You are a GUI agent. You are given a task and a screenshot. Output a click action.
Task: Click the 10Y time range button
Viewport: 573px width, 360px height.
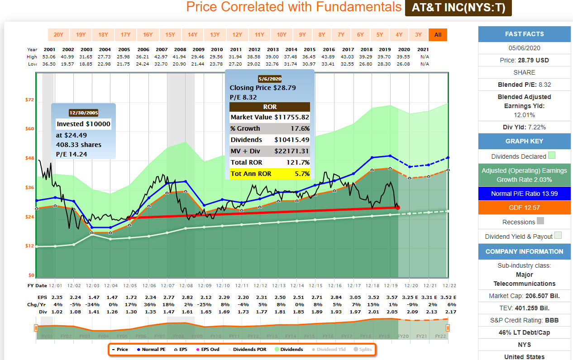point(281,35)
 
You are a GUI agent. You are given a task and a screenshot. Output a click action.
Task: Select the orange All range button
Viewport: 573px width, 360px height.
point(438,35)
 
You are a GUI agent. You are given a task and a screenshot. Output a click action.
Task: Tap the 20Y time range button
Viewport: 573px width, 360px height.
point(58,35)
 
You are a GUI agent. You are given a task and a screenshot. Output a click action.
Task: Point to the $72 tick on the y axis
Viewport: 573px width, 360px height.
point(29,99)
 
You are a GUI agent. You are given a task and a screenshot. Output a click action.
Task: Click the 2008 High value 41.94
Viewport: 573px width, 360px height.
point(180,57)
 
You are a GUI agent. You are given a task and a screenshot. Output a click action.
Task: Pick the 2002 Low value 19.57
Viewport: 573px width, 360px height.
point(68,64)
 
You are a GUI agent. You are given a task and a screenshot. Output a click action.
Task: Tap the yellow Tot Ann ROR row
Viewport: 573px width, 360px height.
point(270,173)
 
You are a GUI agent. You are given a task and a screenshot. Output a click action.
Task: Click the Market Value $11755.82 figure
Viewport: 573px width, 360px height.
point(291,117)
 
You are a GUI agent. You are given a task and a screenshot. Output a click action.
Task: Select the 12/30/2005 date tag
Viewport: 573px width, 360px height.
point(83,113)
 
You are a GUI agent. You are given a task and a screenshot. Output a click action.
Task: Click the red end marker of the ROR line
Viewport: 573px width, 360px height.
point(397,208)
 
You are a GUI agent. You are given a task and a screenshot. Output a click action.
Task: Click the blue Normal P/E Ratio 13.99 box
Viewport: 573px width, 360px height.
point(524,194)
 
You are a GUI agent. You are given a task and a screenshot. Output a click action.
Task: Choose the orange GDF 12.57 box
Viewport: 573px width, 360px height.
point(524,208)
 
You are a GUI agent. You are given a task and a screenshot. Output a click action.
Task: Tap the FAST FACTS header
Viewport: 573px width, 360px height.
point(524,34)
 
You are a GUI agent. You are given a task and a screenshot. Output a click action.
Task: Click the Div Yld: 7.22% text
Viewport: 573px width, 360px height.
point(524,127)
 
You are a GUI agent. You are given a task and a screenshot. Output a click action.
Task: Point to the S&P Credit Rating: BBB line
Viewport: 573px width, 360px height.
point(524,320)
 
